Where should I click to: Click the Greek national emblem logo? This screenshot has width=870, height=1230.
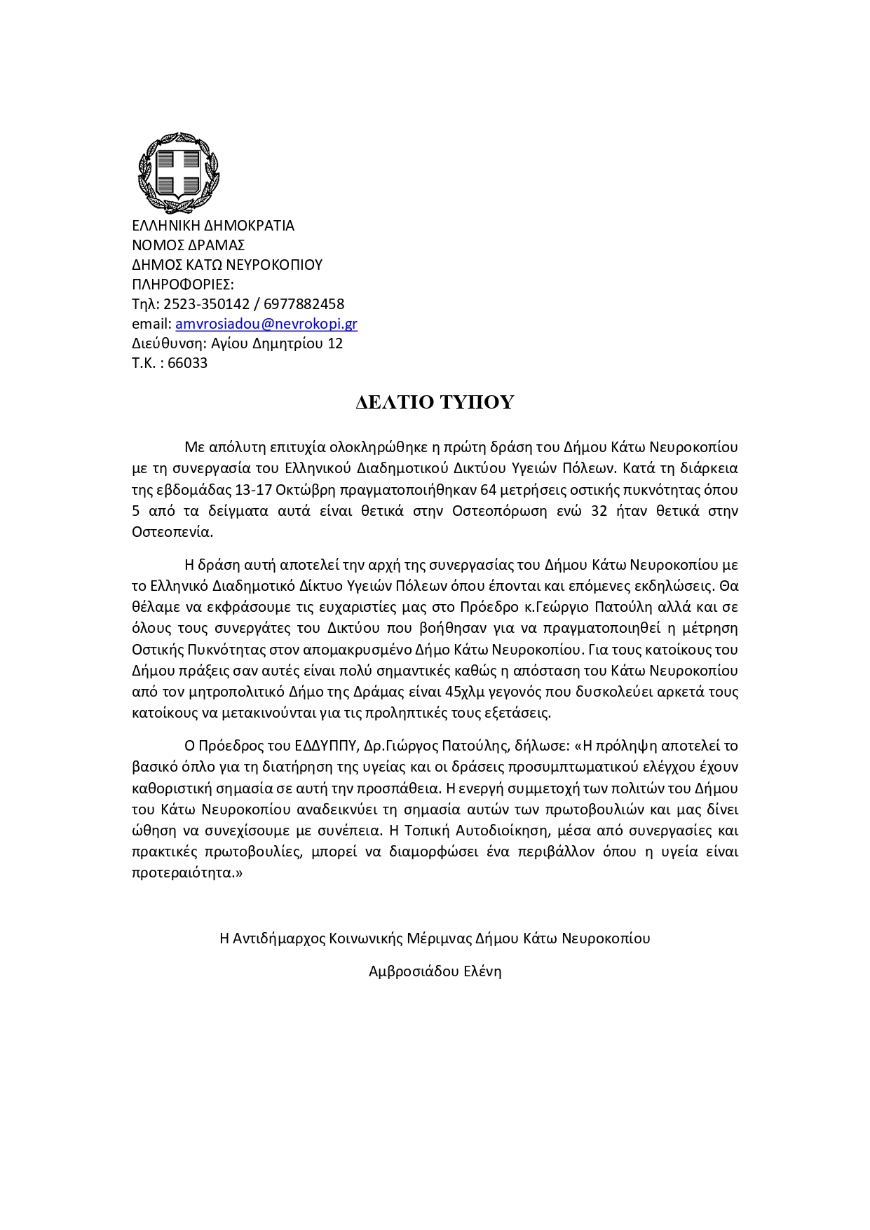[x=178, y=172]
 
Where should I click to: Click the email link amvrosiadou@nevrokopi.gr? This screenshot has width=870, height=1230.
[x=266, y=324]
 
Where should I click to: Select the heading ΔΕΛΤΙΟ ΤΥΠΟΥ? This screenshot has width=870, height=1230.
[x=435, y=402]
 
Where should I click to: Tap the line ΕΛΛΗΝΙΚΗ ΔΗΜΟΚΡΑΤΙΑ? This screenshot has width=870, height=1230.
[x=213, y=226]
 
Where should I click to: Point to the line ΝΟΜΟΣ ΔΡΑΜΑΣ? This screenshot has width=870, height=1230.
[x=188, y=245]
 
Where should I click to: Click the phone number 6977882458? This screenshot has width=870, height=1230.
[x=304, y=304]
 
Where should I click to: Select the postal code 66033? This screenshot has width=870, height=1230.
[x=187, y=363]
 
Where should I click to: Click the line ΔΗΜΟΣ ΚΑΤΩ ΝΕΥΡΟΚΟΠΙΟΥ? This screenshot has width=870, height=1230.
[x=227, y=265]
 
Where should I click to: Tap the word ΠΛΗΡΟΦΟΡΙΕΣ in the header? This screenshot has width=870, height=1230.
[x=182, y=285]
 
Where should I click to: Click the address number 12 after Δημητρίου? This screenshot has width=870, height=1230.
[x=335, y=343]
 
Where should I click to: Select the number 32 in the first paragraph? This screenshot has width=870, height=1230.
[x=599, y=510]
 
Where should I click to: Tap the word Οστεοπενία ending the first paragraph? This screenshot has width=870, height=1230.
[x=171, y=532]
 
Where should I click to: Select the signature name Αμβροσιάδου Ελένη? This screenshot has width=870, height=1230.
[x=435, y=971]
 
